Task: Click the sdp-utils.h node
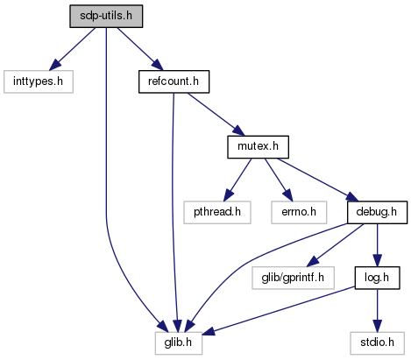click(106, 16)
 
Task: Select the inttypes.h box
click(39, 81)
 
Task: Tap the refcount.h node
click(174, 81)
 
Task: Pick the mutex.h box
click(259, 147)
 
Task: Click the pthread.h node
click(217, 212)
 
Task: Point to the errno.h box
click(299, 212)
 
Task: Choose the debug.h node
click(377, 212)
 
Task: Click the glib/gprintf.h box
click(293, 278)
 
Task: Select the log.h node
click(377, 278)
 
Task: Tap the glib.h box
click(179, 343)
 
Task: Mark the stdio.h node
click(377, 343)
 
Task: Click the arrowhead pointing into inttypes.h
click(55, 65)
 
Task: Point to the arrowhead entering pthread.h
click(229, 195)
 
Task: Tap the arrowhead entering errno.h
click(287, 195)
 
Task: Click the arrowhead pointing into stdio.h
click(377, 326)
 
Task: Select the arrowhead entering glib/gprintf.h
click(313, 261)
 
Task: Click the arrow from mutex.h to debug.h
click(318, 180)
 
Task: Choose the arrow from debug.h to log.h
click(377, 245)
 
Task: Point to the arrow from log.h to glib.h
click(279, 311)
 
